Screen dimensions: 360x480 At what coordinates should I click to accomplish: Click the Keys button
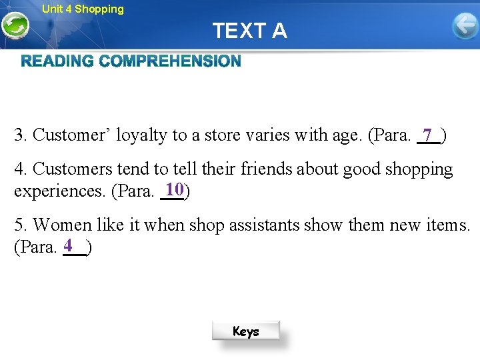pos(246,331)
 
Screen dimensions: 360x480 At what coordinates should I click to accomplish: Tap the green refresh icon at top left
pos(14,27)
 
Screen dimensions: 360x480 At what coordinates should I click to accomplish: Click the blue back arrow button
pos(465,27)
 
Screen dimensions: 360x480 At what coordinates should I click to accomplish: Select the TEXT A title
pos(250,31)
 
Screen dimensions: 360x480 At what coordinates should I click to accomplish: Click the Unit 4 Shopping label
pos(83,9)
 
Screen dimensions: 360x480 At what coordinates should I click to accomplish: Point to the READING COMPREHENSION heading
pos(131,61)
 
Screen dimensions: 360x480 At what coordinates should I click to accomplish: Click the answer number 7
pos(427,135)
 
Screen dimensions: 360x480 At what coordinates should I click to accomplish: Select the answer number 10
pos(175,189)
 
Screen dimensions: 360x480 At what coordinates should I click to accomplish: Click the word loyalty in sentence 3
pos(142,135)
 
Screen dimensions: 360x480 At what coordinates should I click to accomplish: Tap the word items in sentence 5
pos(449,225)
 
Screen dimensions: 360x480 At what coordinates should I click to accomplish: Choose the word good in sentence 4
pos(359,170)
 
